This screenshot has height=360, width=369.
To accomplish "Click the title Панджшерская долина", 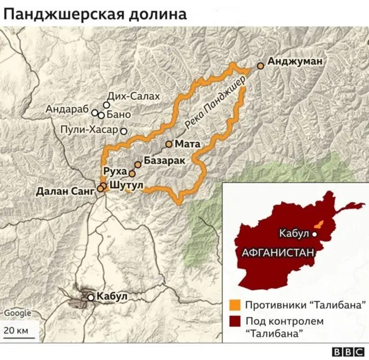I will click(x=95, y=14).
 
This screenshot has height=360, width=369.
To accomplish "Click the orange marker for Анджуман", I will click(x=261, y=66).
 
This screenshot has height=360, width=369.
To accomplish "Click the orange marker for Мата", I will click(x=169, y=144).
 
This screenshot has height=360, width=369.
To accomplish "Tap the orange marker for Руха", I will click(x=132, y=173).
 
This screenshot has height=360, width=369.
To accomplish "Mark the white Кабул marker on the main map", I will click(x=91, y=297).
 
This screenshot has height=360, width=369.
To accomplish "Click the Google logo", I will click(x=18, y=313).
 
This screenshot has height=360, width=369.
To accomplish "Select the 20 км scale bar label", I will click(x=16, y=331).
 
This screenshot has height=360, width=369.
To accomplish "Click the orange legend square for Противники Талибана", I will click(x=234, y=305).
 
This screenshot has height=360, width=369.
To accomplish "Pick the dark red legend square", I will click(x=234, y=321).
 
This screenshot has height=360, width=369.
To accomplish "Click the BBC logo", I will click(x=348, y=351).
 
